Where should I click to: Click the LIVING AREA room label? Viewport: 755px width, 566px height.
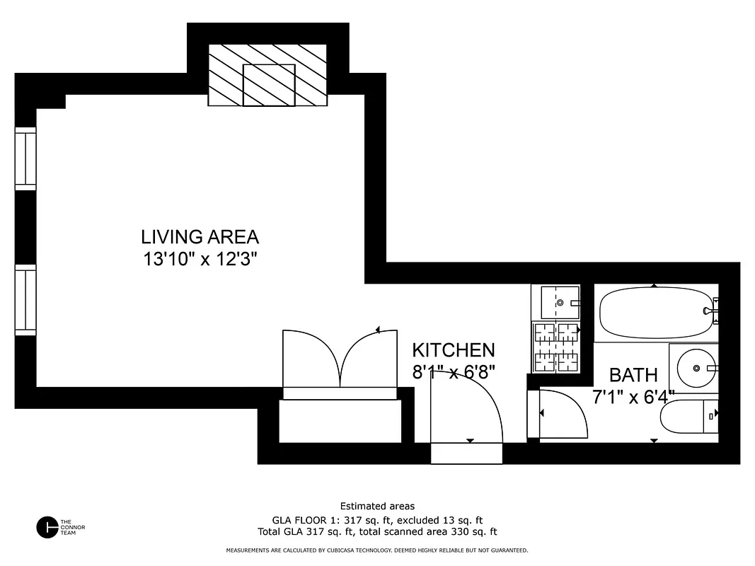tap(200, 236)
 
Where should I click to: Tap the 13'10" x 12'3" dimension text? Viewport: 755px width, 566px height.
tap(200, 259)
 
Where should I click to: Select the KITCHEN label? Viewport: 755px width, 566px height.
tap(453, 350)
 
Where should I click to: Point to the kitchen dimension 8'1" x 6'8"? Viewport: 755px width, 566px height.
tap(453, 371)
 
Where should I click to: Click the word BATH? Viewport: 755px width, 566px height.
tap(633, 375)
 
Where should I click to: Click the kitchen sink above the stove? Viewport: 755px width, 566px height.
tap(555, 302)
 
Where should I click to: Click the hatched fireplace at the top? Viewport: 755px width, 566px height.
tap(268, 75)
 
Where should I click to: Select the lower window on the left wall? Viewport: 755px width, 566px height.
tap(25, 299)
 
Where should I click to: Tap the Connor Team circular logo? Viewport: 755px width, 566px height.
tap(47, 527)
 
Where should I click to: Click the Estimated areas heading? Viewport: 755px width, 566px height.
tap(377, 506)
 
